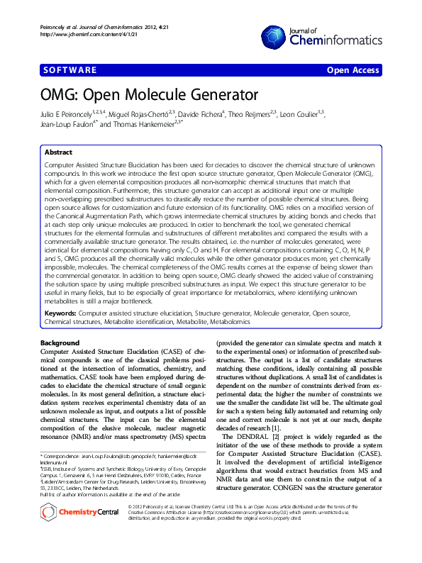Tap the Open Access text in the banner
tap(353, 70)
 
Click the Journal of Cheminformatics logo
tap(319, 36)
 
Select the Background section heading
tap(60, 343)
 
